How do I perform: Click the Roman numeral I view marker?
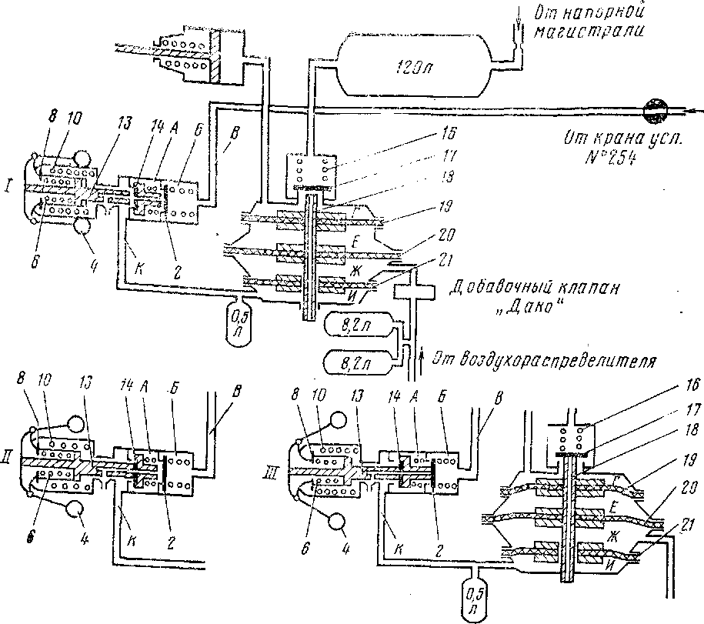[x=8, y=187]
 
